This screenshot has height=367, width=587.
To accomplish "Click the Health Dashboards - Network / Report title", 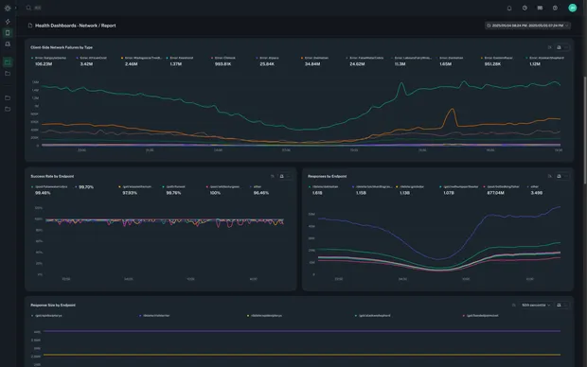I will click(75, 26).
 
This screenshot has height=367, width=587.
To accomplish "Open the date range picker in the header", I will click(527, 26).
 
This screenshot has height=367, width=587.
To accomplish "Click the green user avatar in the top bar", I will click(572, 8).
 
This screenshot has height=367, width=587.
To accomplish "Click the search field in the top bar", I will click(38, 8).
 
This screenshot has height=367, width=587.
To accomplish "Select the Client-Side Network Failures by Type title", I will click(62, 46).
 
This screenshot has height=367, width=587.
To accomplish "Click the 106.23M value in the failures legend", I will click(44, 64).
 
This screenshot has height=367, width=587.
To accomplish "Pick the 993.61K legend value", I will click(223, 64).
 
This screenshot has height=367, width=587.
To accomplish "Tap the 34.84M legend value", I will click(312, 64).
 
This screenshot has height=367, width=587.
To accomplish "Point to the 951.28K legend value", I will click(492, 64).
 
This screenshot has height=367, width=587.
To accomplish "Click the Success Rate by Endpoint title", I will click(53, 176).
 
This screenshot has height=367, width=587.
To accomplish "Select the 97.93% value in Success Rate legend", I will click(130, 192).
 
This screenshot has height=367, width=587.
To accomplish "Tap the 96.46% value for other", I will click(261, 192).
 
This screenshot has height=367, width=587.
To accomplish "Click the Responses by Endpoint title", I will click(328, 176).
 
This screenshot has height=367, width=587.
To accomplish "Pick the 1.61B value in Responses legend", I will click(317, 192).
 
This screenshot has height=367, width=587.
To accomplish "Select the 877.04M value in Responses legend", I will click(496, 192).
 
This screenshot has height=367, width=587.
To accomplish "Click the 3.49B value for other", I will click(537, 192).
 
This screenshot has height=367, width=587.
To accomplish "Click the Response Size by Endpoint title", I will click(53, 306).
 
